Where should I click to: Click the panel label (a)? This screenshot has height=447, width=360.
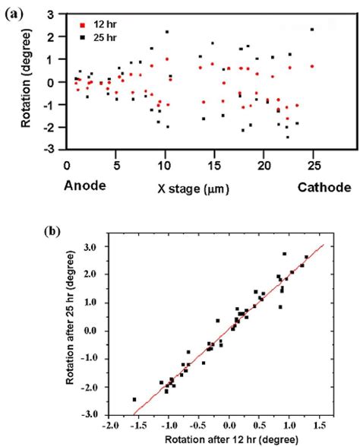14,11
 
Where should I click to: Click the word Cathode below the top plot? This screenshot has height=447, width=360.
323,186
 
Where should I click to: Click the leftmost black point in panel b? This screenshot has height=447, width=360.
134,399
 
